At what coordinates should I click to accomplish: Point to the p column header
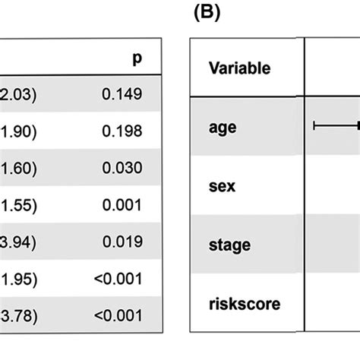(137, 58)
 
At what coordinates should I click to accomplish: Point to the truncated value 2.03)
(17, 94)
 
